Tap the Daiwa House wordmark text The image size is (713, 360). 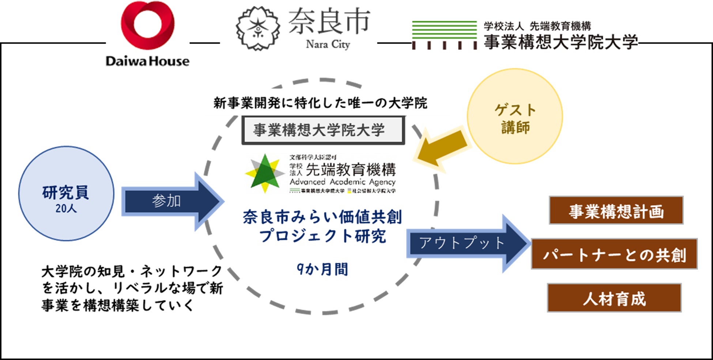click(x=148, y=61)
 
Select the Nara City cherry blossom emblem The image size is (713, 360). click(x=258, y=28)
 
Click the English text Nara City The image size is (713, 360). click(x=328, y=45)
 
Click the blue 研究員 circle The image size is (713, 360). click(x=66, y=193)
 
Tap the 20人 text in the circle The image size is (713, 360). click(x=66, y=208)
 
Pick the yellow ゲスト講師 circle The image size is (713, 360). click(x=515, y=116)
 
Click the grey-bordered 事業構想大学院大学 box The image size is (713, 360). click(x=323, y=130)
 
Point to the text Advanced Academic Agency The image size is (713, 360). click(x=343, y=182)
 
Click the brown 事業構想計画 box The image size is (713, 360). click(x=616, y=211)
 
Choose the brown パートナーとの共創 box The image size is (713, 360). click(x=614, y=254)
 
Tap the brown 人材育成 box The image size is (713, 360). click(x=614, y=298)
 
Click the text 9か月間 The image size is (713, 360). click(x=322, y=269)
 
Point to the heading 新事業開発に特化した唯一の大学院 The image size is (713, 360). click(x=320, y=103)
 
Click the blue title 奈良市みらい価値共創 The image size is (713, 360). click(x=322, y=217)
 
